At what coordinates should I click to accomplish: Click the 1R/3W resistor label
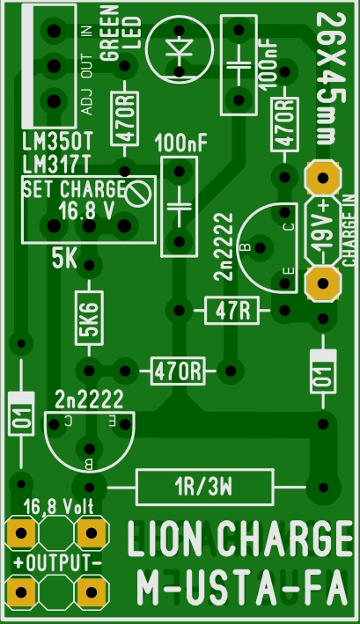point(203,487)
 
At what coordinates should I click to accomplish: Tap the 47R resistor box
point(231,311)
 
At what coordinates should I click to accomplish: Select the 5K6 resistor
point(89,318)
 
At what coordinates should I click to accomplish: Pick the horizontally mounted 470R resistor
point(178,371)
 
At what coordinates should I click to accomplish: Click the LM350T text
point(57,142)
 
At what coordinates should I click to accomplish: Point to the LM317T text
point(56,164)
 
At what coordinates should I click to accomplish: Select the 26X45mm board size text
point(332,78)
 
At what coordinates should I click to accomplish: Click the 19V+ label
point(323,230)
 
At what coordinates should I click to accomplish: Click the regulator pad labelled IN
point(54,31)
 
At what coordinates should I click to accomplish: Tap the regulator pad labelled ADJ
point(54,101)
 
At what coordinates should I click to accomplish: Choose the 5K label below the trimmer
point(64,260)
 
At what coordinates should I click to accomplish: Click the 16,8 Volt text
point(58,507)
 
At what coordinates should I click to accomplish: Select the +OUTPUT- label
point(57,563)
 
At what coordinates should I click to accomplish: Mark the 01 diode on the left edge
point(21,414)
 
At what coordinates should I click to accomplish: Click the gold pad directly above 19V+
point(323,178)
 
